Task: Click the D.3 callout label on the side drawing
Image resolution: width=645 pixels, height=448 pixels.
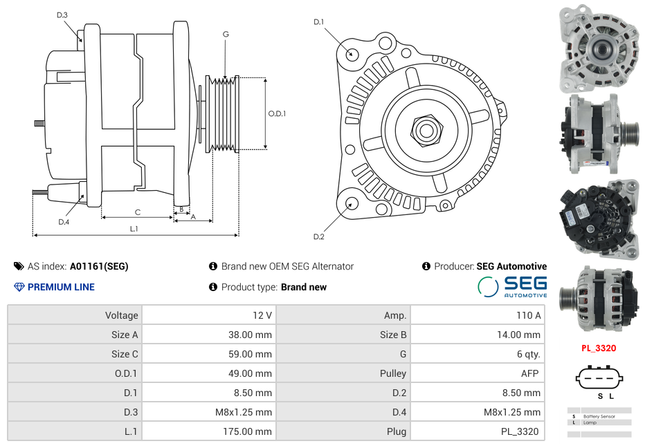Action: point(62,15)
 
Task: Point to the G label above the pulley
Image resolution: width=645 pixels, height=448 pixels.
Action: point(226,34)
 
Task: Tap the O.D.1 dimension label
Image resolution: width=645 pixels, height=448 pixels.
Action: point(277,113)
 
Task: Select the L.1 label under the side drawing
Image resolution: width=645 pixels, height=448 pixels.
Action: point(134,228)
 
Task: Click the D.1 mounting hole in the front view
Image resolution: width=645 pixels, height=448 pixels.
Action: point(352,53)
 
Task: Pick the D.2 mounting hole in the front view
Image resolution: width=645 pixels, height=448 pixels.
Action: point(351,203)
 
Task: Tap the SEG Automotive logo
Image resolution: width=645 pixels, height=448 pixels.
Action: point(513,286)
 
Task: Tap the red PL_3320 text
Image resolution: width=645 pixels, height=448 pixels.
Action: point(599,348)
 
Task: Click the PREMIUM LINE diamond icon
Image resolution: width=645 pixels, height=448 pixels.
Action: point(19,287)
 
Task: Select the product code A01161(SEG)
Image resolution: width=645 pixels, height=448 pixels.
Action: point(99,266)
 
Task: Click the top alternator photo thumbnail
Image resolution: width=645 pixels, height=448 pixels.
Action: point(599,48)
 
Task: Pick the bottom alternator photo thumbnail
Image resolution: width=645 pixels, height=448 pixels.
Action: point(599,298)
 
